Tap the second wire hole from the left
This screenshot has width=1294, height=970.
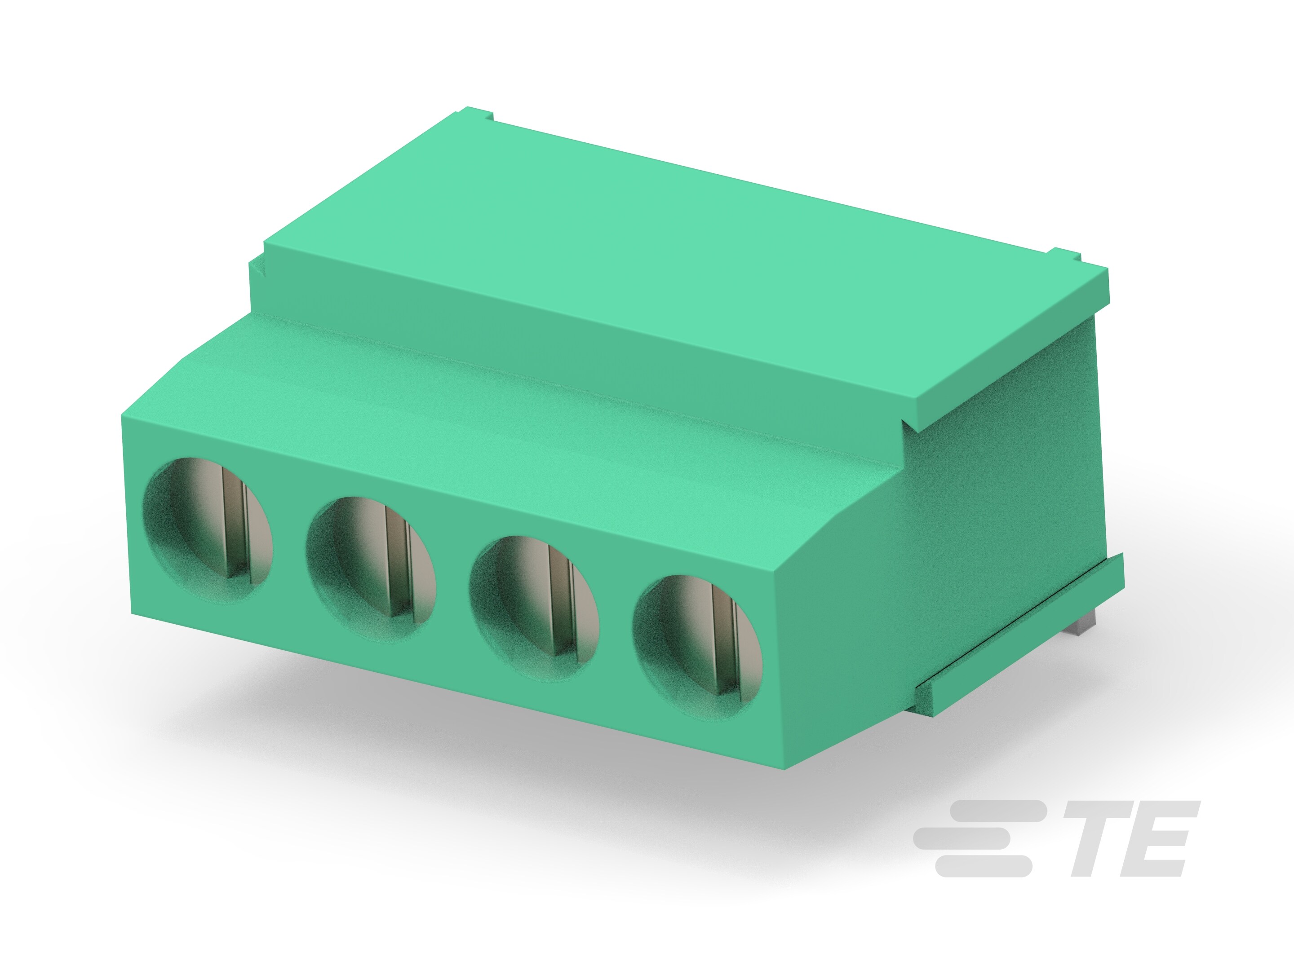pyautogui.click(x=370, y=569)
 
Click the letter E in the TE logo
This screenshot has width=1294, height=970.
pyautogui.click(x=1161, y=838)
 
